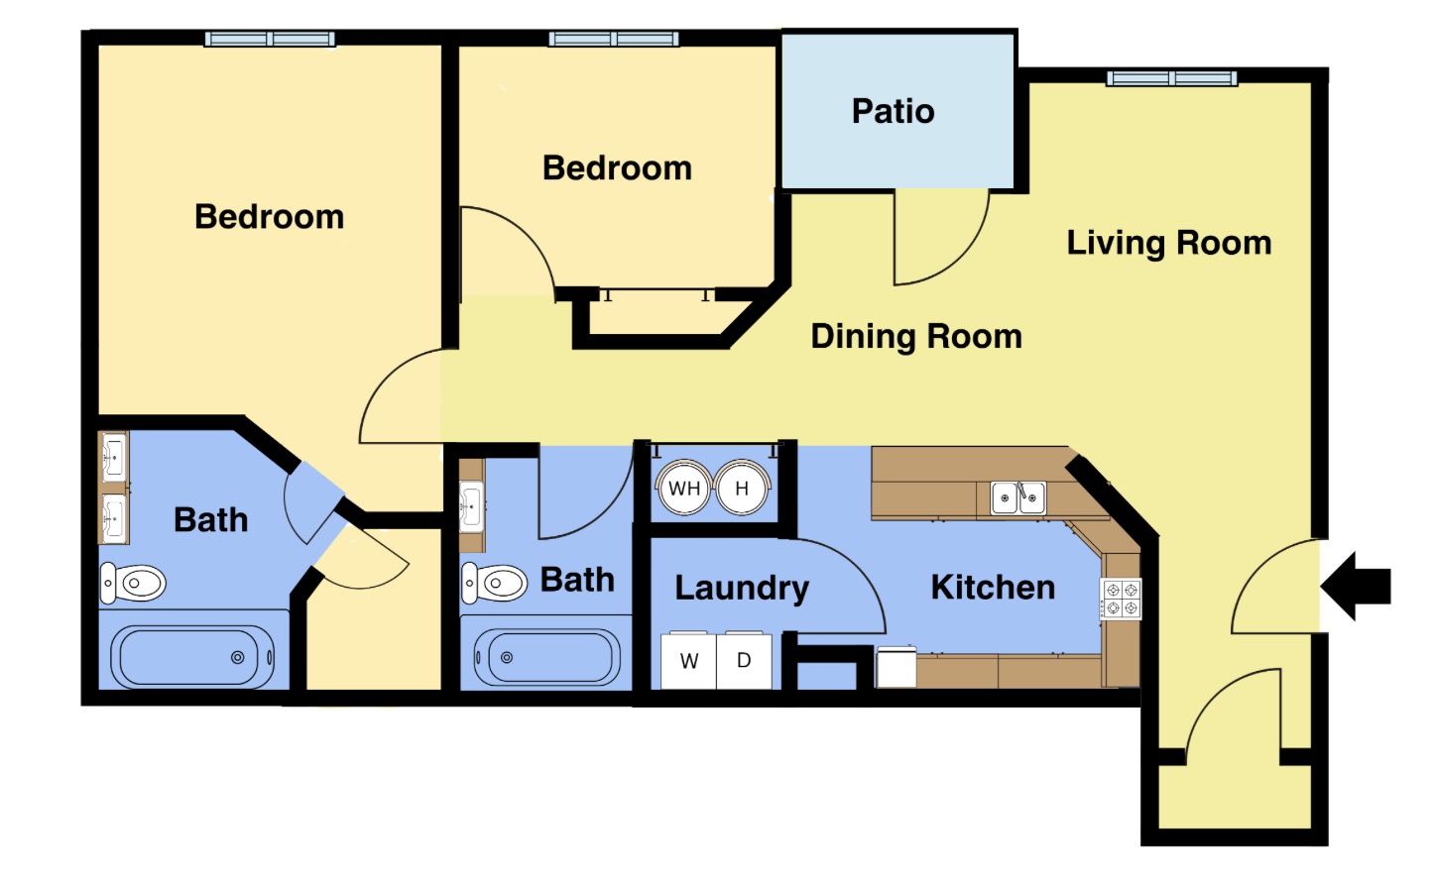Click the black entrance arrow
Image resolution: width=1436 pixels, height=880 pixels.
click(1355, 586)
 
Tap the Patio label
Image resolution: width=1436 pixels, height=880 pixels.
click(893, 111)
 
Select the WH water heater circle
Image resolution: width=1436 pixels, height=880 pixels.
click(684, 489)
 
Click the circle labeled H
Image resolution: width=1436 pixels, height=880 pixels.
click(742, 489)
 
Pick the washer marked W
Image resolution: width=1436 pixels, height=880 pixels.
click(688, 660)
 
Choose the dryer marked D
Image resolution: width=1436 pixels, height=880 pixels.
click(744, 660)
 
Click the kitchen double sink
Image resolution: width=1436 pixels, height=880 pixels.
click(1018, 498)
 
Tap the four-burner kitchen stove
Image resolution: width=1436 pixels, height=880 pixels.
click(1122, 599)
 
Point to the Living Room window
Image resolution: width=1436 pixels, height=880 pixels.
click(1172, 78)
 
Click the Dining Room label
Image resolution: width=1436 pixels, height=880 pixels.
click(916, 336)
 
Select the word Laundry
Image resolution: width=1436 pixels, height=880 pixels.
click(742, 589)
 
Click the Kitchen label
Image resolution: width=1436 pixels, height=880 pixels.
click(993, 588)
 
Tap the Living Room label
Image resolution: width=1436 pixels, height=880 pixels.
click(1168, 243)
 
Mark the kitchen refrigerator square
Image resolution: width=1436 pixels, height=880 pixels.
click(897, 667)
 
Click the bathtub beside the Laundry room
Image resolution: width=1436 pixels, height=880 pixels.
click(546, 657)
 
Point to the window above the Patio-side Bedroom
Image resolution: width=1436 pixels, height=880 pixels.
click(614, 39)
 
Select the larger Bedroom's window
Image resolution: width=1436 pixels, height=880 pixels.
click(270, 39)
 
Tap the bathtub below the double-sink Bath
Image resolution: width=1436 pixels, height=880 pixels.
click(192, 657)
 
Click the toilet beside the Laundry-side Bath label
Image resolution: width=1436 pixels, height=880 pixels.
click(494, 584)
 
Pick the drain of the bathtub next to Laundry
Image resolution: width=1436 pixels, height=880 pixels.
click(507, 657)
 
